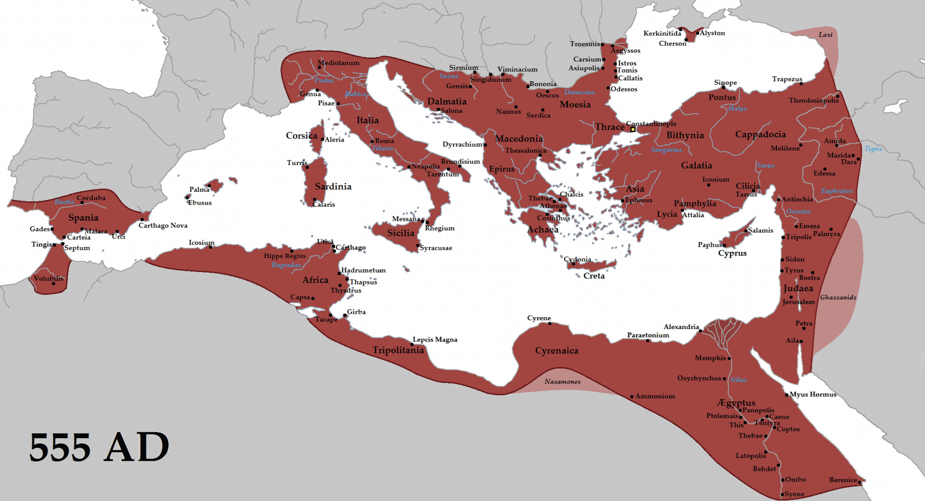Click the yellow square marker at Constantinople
633,129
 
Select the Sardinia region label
333,187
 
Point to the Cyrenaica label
557,351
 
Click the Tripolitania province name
398,350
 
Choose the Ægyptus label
736,403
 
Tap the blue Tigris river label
873,149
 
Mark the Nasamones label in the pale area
562,381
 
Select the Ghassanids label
838,298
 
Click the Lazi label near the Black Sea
825,35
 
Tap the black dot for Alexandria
700,331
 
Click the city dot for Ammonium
632,397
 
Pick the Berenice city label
843,480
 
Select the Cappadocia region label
760,135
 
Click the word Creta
594,276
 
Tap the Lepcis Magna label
435,340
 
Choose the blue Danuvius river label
579,92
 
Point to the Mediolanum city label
339,63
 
